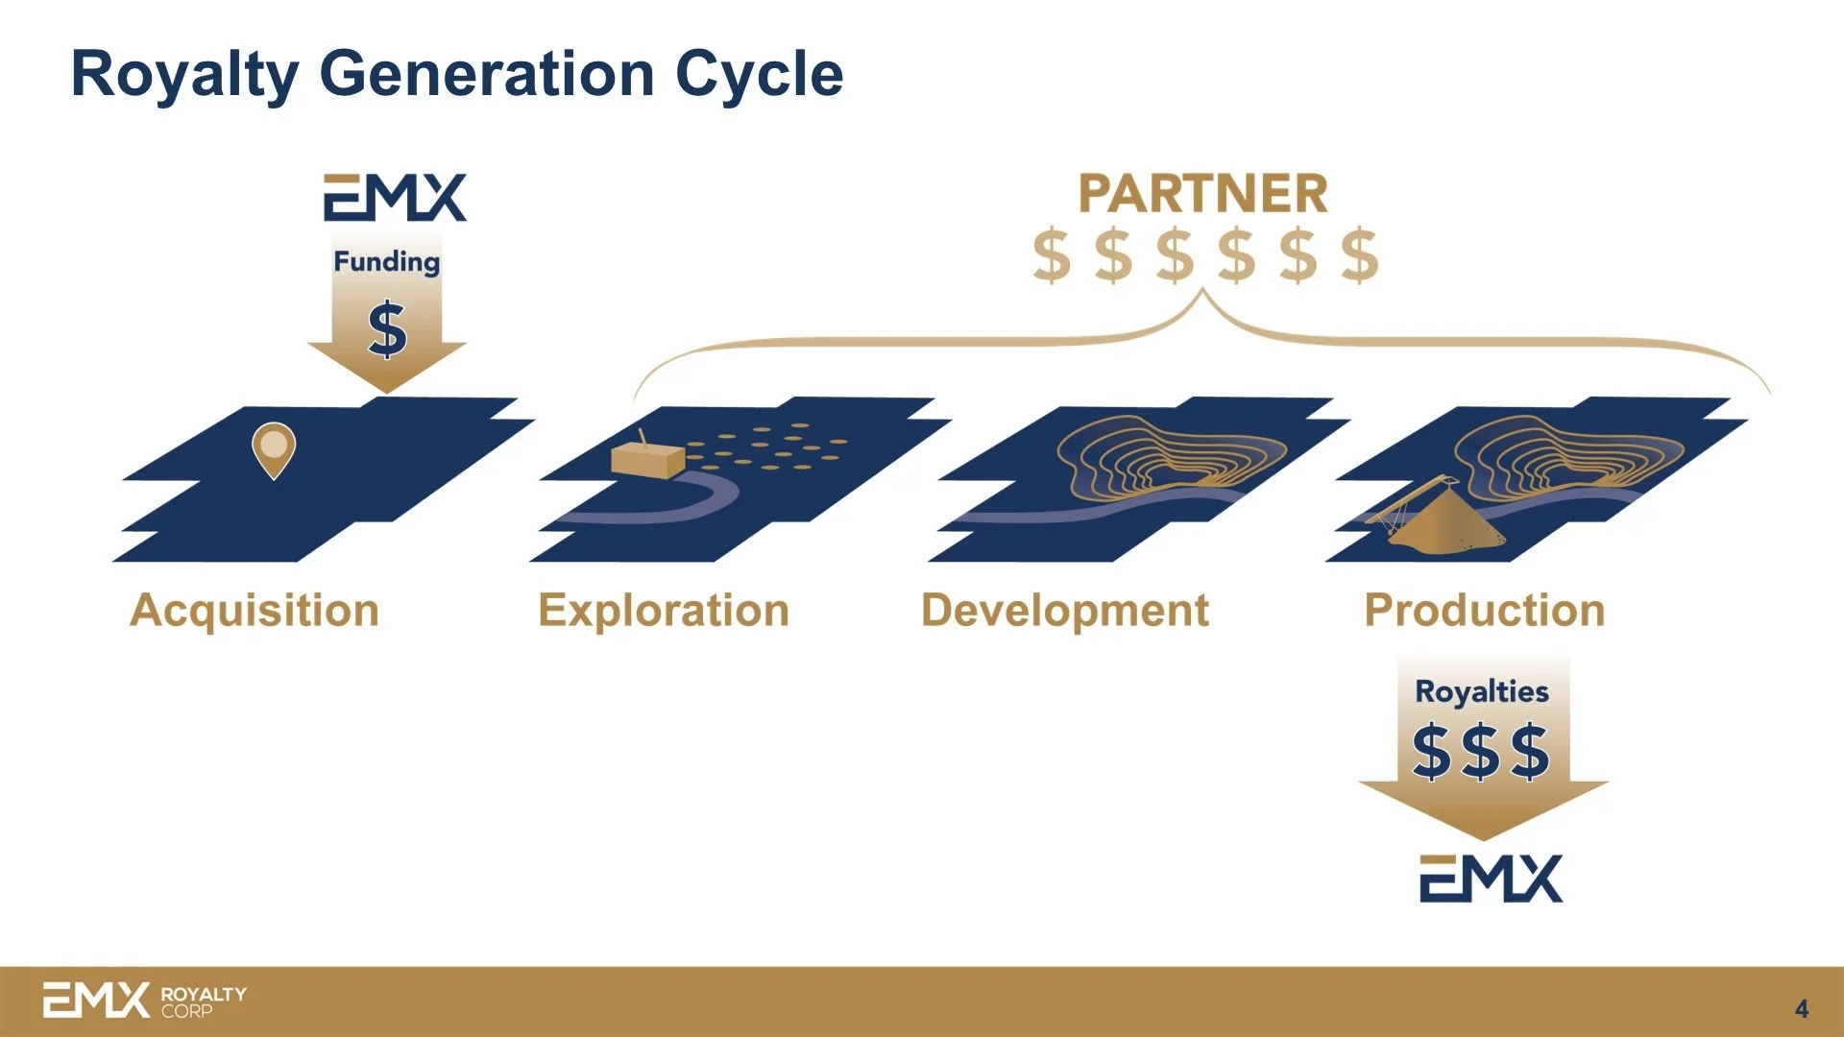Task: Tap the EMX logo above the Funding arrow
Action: pos(395,198)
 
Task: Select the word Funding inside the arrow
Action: pos(386,261)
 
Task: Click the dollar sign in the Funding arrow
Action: pos(387,329)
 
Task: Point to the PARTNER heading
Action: pos(1203,194)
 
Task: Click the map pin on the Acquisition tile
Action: pos(274,447)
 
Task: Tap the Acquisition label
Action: pos(255,611)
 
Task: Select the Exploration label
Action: pos(664,611)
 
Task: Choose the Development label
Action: pos(1065,611)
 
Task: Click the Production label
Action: pos(1485,611)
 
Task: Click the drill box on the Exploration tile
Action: pos(647,459)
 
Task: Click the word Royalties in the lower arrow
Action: pos(1482,691)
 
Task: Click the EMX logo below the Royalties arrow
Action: pos(1491,879)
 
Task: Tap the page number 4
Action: pos(1802,1009)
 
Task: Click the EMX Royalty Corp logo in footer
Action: pos(144,1001)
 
